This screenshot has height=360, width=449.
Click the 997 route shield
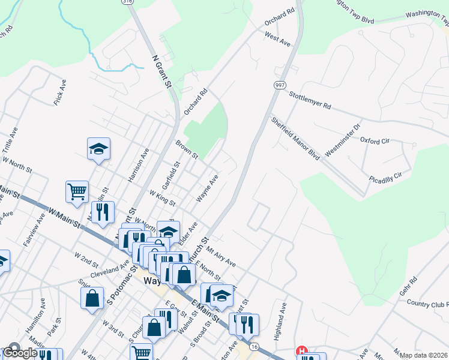click(281, 86)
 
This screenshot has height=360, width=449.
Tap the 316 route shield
click(127, 2)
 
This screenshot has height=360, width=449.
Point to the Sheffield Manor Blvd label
click(295, 137)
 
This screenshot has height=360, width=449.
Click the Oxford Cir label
click(375, 140)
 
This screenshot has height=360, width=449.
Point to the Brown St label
click(187, 150)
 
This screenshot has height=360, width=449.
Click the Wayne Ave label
click(207, 188)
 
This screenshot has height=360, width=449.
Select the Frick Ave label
click(59, 92)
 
